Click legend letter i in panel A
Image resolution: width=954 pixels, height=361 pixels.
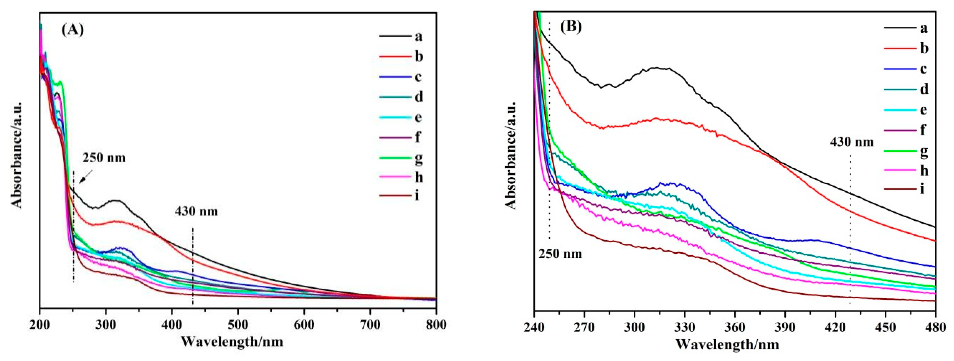(x=417, y=195)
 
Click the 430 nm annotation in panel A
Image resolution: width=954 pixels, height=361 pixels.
(x=196, y=212)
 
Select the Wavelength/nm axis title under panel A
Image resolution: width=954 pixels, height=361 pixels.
(x=232, y=341)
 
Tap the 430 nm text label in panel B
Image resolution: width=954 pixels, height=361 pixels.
(x=852, y=142)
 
